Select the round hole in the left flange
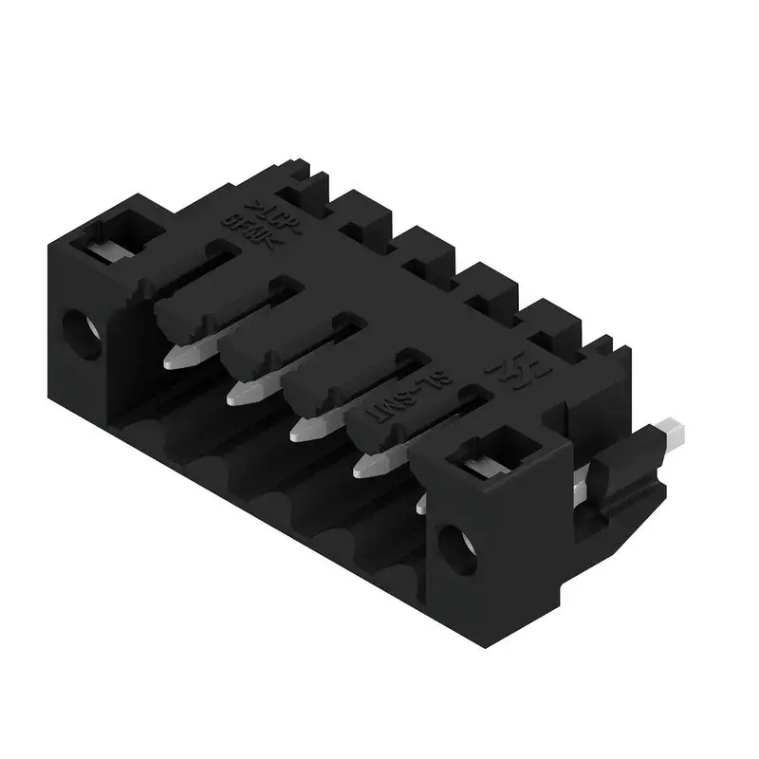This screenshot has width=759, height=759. pyautogui.click(x=81, y=333)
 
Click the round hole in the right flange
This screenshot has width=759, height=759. pyautogui.click(x=460, y=548)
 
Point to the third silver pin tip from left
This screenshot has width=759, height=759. pyautogui.click(x=305, y=429)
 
